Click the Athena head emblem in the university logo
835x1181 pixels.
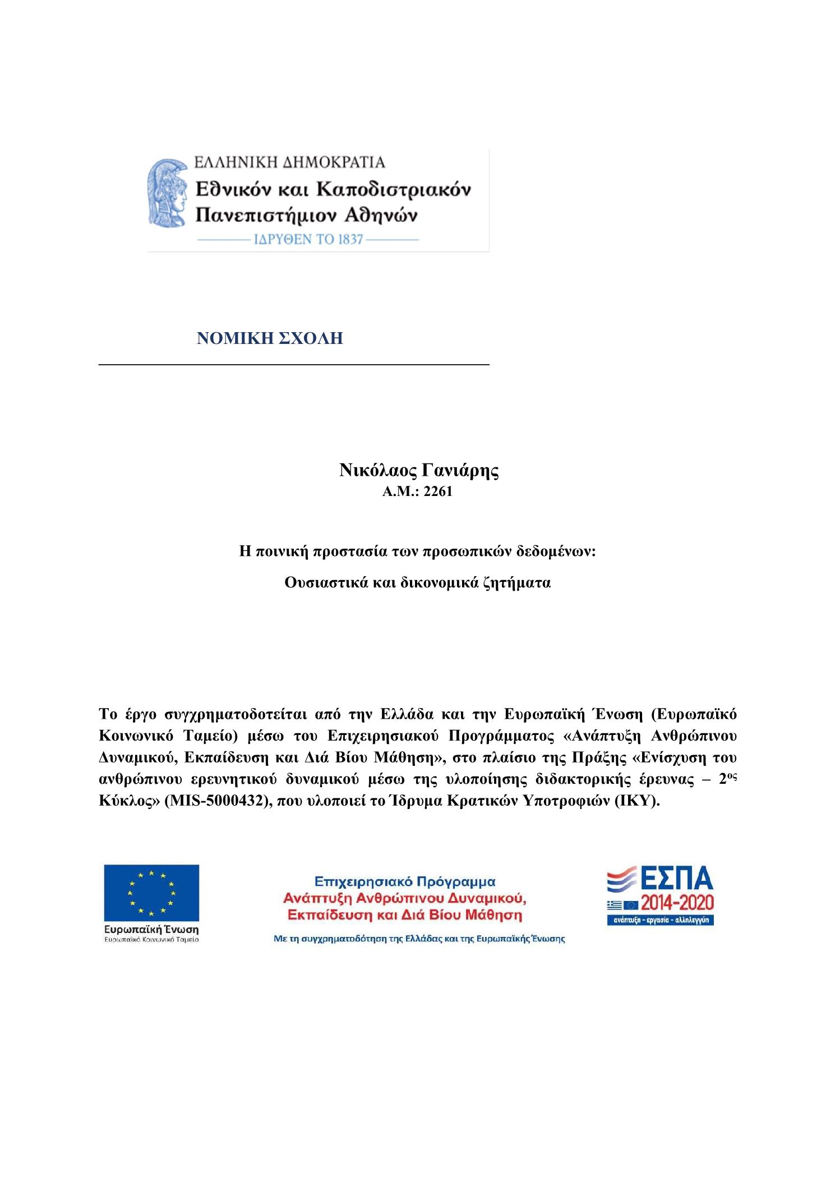click(x=167, y=199)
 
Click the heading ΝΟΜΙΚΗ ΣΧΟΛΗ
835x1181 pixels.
click(x=270, y=339)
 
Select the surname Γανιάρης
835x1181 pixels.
click(x=459, y=470)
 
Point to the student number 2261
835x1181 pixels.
click(x=438, y=492)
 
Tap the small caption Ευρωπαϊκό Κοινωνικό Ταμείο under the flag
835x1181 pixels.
click(x=151, y=939)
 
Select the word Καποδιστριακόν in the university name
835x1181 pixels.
click(x=393, y=189)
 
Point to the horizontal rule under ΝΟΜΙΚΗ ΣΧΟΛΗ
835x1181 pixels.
click(x=294, y=365)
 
